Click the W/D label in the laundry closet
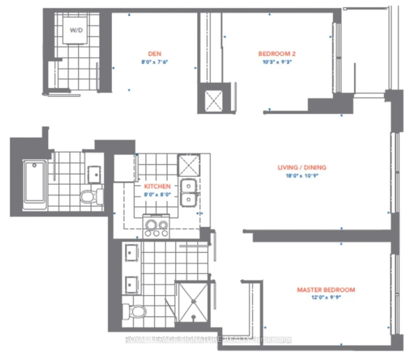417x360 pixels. pos(76,30)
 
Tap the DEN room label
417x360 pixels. pos(155,54)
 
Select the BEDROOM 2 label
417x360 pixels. pos(277,54)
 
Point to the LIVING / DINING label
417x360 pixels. pos(302,167)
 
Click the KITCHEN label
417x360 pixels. pos(157,186)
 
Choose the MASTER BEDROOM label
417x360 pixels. pos(326,290)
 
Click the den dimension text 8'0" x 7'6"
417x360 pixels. pos(155,62)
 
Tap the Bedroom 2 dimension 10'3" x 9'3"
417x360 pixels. pos(277,62)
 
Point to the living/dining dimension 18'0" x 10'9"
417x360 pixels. pos(302,176)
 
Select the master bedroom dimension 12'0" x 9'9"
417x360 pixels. pos(326,297)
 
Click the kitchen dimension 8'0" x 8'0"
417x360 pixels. pos(157,195)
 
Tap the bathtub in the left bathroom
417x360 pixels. pos(34,184)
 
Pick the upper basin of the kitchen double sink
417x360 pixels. pos(189,186)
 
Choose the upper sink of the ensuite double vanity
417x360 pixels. pos(132,253)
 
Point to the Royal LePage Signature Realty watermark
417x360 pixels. pos(208,339)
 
